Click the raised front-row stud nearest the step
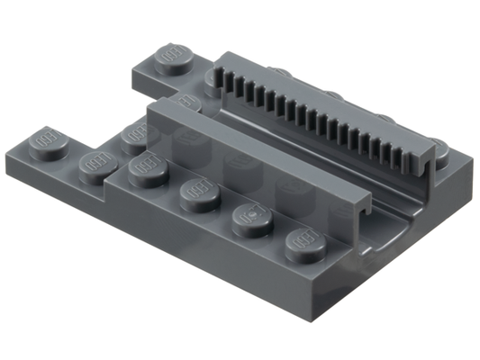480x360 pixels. tap(146, 168)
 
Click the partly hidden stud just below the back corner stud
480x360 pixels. tap(186, 99)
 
